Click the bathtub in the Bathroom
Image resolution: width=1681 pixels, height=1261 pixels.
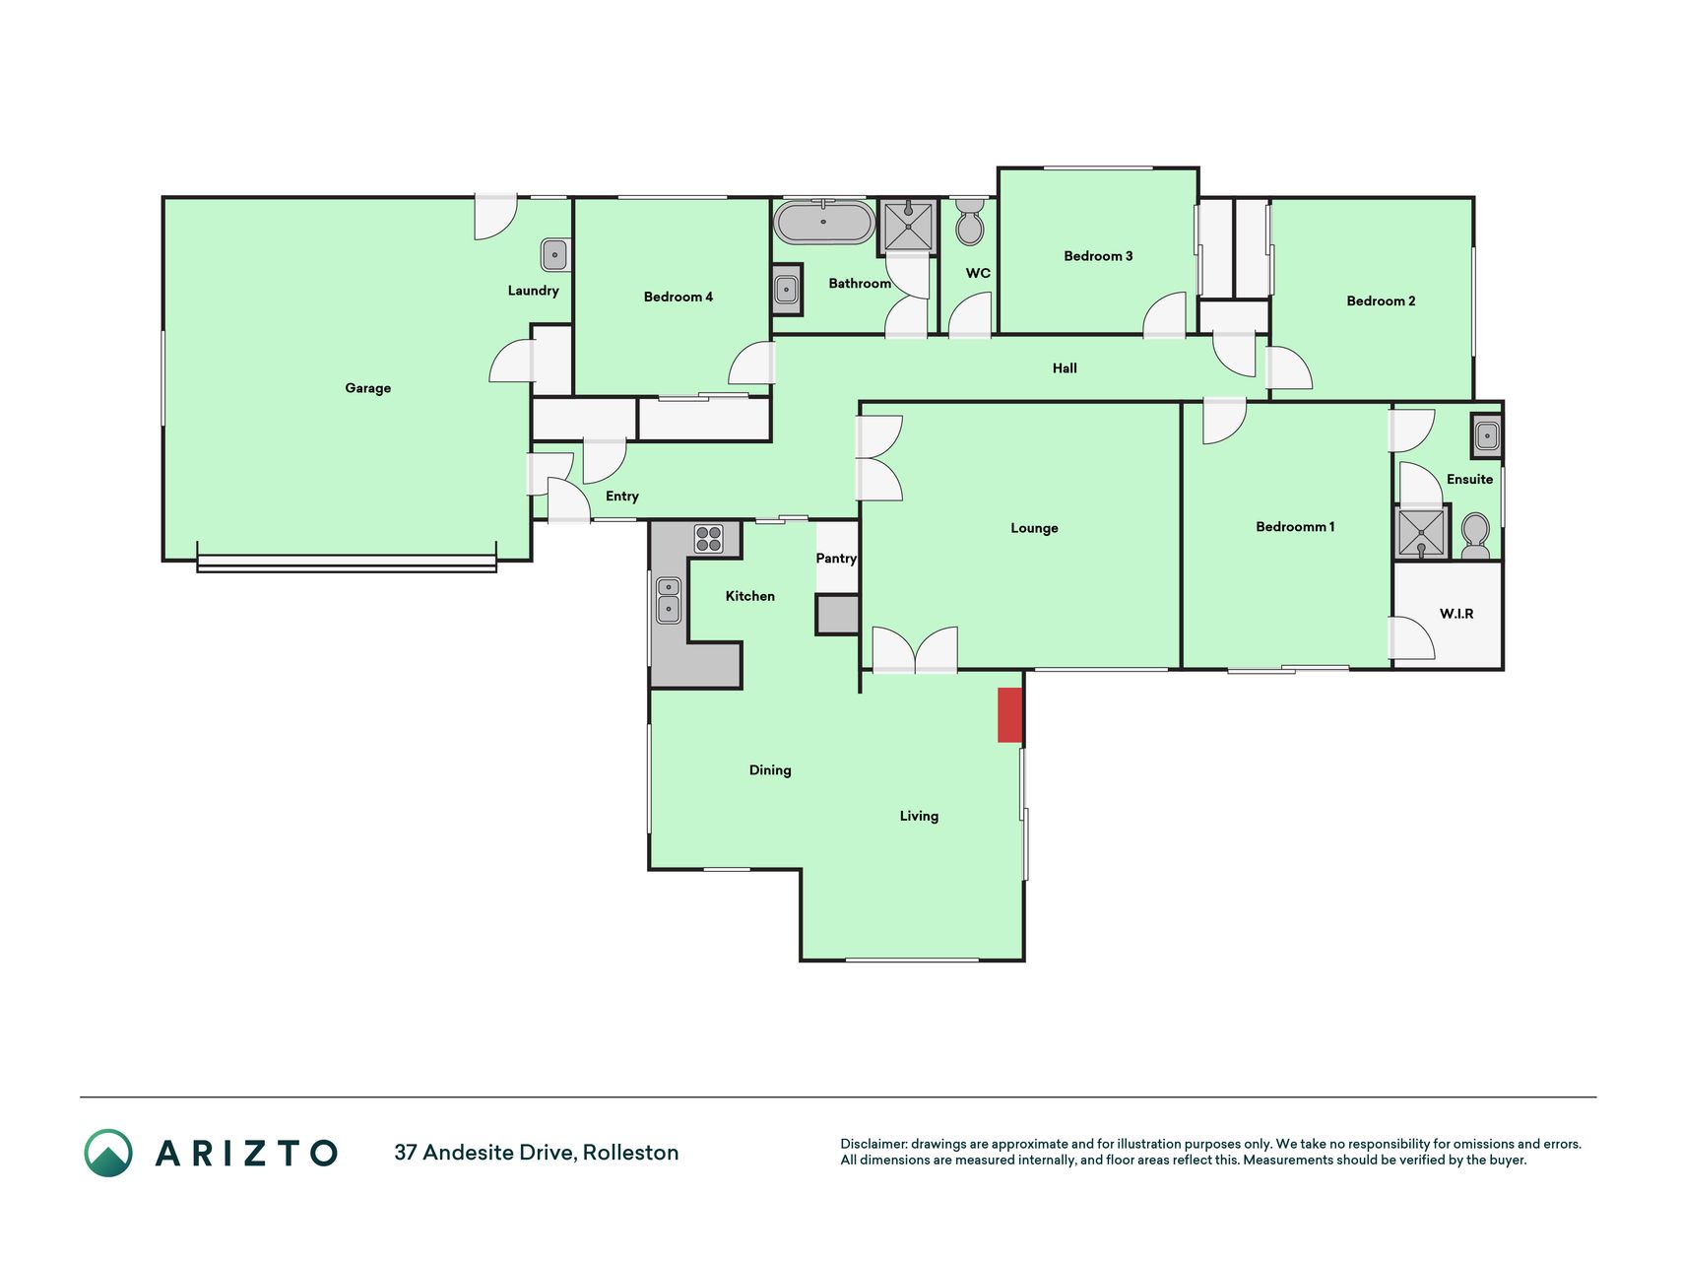pos(823,222)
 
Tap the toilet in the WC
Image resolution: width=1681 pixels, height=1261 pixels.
pos(970,222)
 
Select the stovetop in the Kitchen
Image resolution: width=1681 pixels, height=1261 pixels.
pos(709,538)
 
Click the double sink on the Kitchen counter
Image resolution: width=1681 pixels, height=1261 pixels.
pos(669,600)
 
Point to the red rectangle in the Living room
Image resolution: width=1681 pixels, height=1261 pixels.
pos(1010,715)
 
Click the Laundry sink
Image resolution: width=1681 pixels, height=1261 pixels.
pos(554,255)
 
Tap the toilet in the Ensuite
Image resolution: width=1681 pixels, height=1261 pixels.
pos(1475,536)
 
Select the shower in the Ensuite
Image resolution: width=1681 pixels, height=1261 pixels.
pos(1422,531)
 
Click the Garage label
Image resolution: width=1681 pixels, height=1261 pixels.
pos(368,388)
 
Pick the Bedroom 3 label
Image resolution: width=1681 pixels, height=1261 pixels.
pos(1098,256)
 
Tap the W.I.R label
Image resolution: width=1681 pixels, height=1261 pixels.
pos(1456,614)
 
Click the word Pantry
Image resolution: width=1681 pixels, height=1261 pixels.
pos(836,559)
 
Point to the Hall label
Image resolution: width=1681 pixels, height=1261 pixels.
pos(1065,368)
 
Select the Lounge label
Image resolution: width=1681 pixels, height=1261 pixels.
pos(1034,528)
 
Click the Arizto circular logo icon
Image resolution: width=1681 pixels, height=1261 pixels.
pos(108,1153)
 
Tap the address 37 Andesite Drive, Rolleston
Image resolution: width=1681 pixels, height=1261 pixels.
pos(537,1153)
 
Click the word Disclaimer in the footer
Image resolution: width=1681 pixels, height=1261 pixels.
pos(873,1144)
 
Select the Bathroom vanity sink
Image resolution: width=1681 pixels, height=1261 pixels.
pos(786,290)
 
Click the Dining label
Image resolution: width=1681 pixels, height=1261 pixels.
pos(770,770)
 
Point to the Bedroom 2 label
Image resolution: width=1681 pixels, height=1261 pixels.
pos(1381,301)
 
